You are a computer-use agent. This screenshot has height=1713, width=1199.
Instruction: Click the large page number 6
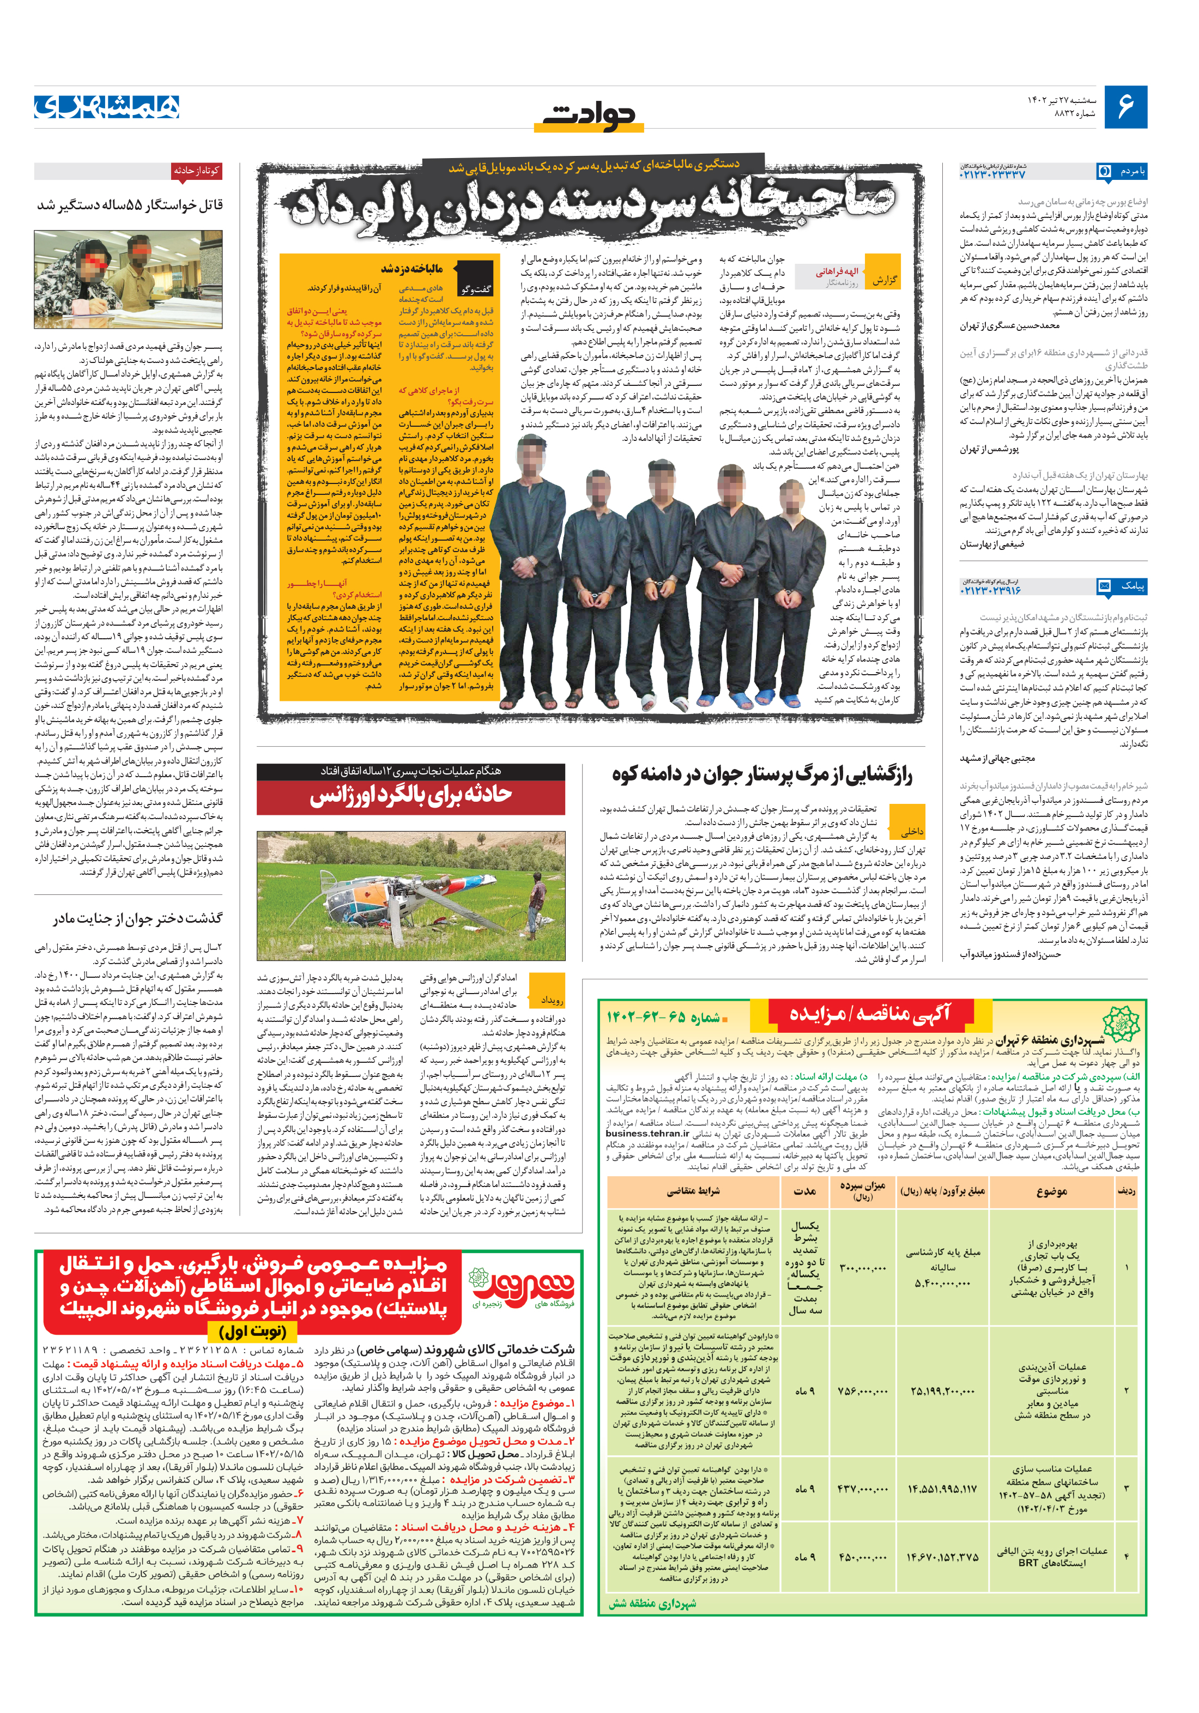[x=1125, y=107]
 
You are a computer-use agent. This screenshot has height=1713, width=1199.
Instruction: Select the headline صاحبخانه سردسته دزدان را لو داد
[x=593, y=203]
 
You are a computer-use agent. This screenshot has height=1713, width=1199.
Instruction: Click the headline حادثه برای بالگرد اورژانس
[x=411, y=795]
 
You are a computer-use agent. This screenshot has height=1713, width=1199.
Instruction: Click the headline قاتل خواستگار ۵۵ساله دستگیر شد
[x=130, y=205]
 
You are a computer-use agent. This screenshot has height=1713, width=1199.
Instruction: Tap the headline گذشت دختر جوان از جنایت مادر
[x=137, y=918]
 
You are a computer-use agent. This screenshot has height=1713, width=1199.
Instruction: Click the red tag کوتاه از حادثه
[x=196, y=171]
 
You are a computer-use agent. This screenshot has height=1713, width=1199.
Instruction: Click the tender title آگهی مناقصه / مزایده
[x=869, y=1013]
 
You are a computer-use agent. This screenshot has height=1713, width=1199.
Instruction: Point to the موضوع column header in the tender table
[x=1051, y=1191]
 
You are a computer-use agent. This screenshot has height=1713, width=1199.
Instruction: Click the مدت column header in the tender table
[x=804, y=1191]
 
